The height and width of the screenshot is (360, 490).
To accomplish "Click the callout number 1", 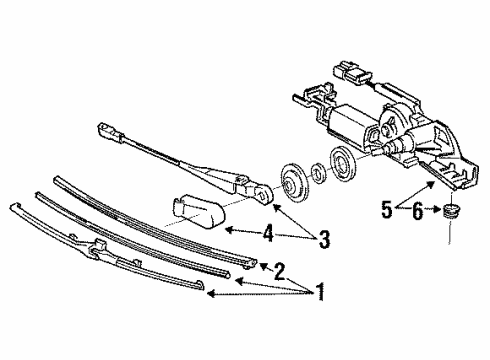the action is pyautogui.click(x=320, y=292).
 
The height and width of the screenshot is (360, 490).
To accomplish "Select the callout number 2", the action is pyautogui.click(x=279, y=271).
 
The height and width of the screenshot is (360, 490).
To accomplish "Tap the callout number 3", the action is pyautogui.click(x=324, y=239).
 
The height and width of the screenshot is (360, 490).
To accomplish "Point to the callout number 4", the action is pyautogui.click(x=268, y=233).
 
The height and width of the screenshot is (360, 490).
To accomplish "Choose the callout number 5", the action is pyautogui.click(x=387, y=210).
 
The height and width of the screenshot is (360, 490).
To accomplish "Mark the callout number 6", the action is pyautogui.click(x=417, y=211).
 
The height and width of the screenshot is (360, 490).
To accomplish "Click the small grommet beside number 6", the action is pyautogui.click(x=451, y=210).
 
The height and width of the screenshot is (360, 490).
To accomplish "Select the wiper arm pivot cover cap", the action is pyautogui.click(x=198, y=210).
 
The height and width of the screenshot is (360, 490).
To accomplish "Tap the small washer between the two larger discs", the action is pyautogui.click(x=317, y=173).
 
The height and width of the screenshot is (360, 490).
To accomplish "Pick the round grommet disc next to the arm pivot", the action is pyautogui.click(x=292, y=183).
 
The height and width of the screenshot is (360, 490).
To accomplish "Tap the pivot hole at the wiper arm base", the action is pyautogui.click(x=265, y=194).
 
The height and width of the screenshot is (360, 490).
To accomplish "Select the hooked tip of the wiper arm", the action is pyautogui.click(x=108, y=130).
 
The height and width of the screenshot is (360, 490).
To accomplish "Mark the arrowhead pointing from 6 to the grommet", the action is pyautogui.click(x=438, y=209).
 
